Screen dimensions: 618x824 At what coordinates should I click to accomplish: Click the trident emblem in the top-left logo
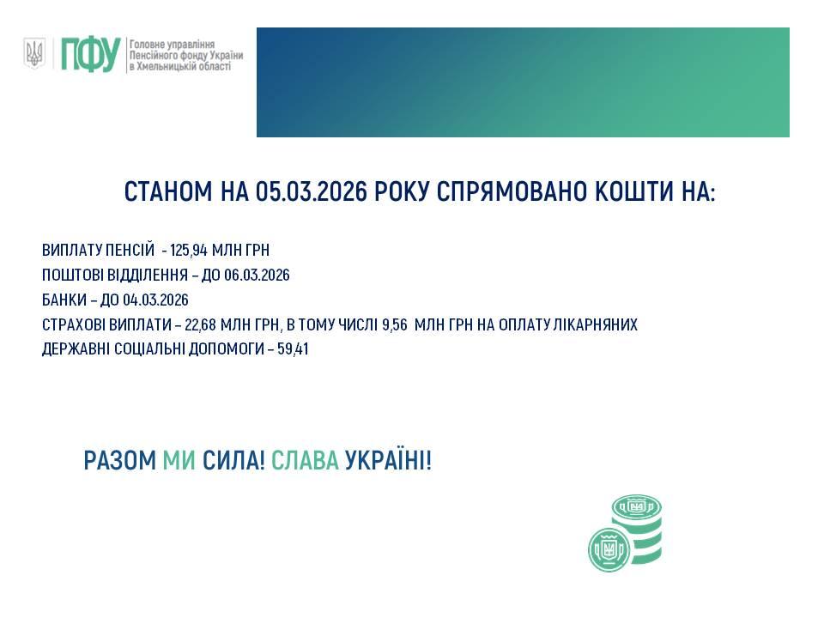click(34, 54)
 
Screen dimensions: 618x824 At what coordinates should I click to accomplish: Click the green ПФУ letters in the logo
click(88, 55)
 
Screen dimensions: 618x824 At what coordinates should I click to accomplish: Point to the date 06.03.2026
click(257, 276)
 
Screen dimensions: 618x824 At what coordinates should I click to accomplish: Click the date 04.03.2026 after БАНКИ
click(155, 300)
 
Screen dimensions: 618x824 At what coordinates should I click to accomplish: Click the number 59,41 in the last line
click(292, 350)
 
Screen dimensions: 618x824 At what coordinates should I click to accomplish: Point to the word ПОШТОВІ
click(70, 276)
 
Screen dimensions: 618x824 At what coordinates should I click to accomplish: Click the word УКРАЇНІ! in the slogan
click(388, 461)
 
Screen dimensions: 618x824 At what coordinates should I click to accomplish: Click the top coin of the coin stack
click(637, 507)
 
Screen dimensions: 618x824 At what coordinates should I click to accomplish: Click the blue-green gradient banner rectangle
click(523, 82)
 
